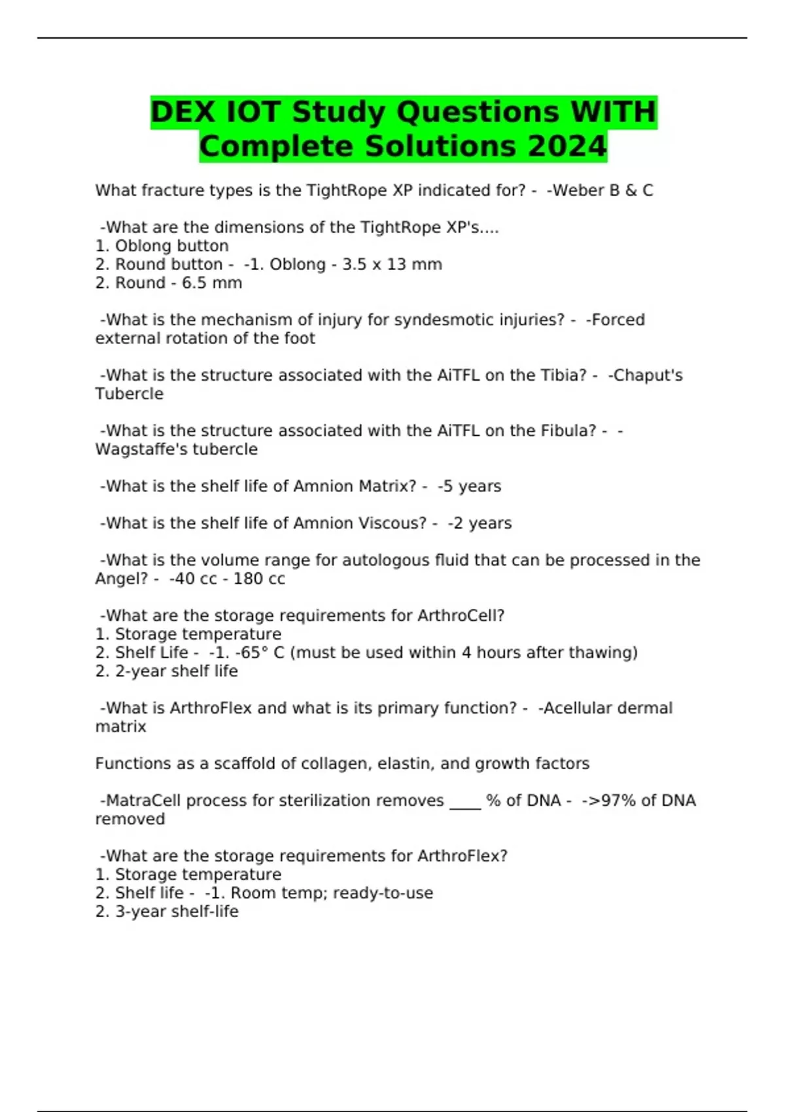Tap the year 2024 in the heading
pos(567,147)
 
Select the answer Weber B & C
pos(601,190)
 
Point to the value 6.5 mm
pos(212,283)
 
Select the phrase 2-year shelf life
pos(176,671)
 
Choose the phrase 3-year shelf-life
pos(177,912)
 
